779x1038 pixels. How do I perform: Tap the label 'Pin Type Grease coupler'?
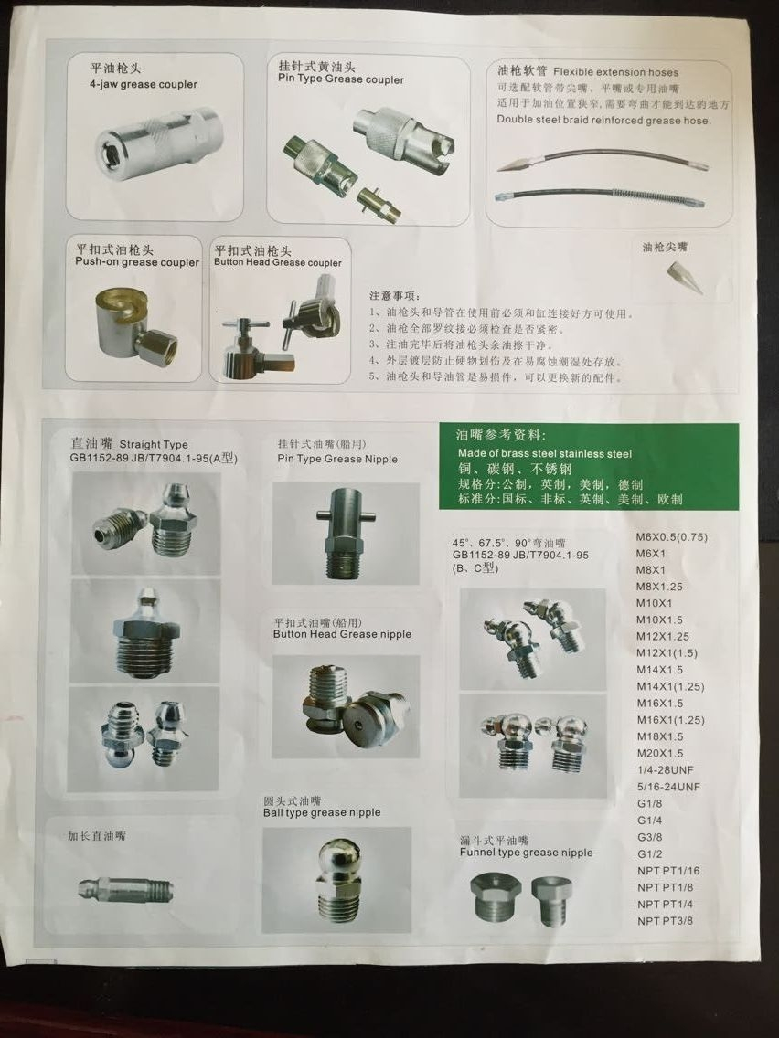point(341,79)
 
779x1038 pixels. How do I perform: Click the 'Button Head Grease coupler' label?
point(277,263)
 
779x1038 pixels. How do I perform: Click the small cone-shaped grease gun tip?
point(683,277)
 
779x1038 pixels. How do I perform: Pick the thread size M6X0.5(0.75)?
point(671,537)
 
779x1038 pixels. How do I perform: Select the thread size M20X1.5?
point(659,753)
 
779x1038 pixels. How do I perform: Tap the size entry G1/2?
point(649,853)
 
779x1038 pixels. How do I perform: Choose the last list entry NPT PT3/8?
point(665,920)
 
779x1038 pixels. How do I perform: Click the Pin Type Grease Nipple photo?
point(345,533)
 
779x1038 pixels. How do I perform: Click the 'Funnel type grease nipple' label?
point(526,853)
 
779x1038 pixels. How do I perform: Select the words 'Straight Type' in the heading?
point(154,445)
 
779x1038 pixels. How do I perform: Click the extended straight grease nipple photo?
point(124,888)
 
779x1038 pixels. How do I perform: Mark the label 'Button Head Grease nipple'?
point(342,634)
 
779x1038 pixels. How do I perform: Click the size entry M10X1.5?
point(659,620)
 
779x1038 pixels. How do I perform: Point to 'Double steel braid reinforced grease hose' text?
point(603,120)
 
